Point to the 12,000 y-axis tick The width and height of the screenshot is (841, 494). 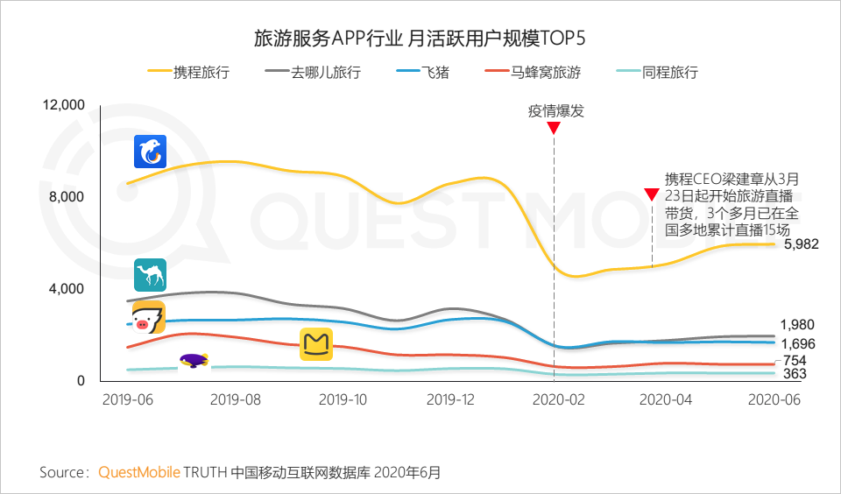(64, 105)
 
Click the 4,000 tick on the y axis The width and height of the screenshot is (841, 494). (68, 289)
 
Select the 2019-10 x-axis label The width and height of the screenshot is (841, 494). (342, 399)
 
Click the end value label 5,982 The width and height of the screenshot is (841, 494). (801, 244)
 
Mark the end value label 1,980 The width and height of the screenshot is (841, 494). (797, 325)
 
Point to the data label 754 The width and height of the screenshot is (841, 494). (795, 361)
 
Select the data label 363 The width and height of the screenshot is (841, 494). (795, 374)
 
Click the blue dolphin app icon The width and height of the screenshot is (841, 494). (150, 152)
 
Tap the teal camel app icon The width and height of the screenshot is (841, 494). (150, 275)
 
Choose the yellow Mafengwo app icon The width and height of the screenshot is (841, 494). (316, 344)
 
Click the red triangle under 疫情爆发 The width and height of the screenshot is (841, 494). (554, 128)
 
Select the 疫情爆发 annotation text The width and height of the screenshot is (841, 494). (555, 111)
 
